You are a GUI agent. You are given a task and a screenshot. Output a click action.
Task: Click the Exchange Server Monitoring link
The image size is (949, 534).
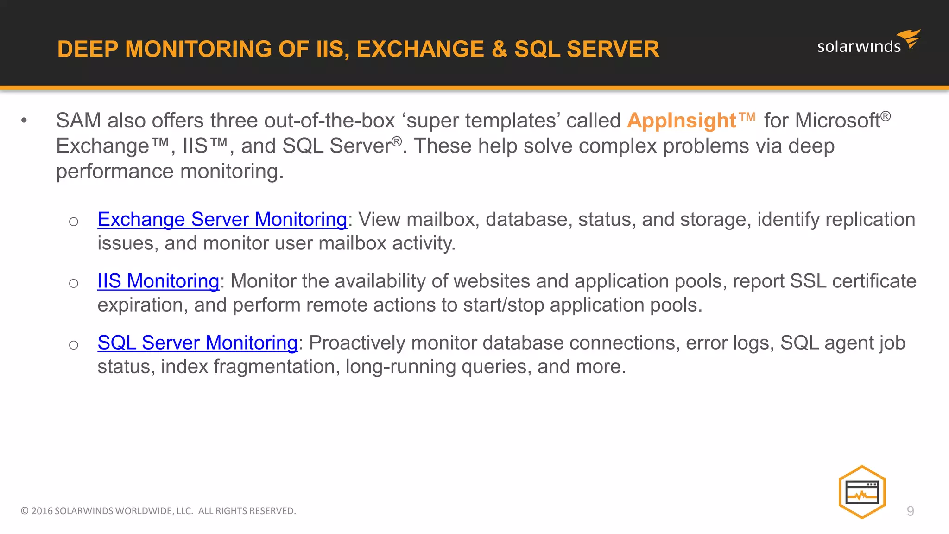[x=222, y=219]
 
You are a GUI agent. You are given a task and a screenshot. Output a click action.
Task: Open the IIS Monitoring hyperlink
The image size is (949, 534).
[x=158, y=281]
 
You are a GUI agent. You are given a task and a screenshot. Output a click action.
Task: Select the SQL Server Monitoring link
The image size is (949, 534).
[x=197, y=343]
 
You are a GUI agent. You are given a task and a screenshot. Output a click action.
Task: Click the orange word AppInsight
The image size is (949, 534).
[x=681, y=121]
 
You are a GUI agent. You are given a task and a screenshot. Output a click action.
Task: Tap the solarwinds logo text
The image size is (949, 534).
[x=859, y=47]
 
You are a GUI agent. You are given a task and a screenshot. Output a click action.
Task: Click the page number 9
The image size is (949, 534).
[x=910, y=511]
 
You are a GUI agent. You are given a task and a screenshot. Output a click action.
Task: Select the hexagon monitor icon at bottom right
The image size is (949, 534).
[x=862, y=492]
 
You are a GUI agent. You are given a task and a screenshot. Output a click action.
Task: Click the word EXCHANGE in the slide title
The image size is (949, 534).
[x=420, y=49]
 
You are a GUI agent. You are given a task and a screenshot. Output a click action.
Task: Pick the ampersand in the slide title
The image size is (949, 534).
[x=499, y=49]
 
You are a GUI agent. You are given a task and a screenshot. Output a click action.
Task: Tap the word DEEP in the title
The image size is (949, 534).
[x=88, y=49]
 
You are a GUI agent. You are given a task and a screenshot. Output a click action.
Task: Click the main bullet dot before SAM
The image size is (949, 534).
[x=24, y=121]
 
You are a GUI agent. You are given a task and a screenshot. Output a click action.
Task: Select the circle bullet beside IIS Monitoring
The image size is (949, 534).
[x=73, y=283]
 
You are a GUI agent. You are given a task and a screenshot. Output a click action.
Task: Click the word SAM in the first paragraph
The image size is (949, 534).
[x=78, y=121]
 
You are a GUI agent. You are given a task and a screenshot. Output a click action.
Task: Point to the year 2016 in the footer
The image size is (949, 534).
[x=42, y=511]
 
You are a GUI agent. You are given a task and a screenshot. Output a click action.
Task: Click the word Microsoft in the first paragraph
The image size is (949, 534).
[x=837, y=121]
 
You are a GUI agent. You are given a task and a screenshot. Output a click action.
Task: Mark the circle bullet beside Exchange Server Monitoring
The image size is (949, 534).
[x=73, y=222]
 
